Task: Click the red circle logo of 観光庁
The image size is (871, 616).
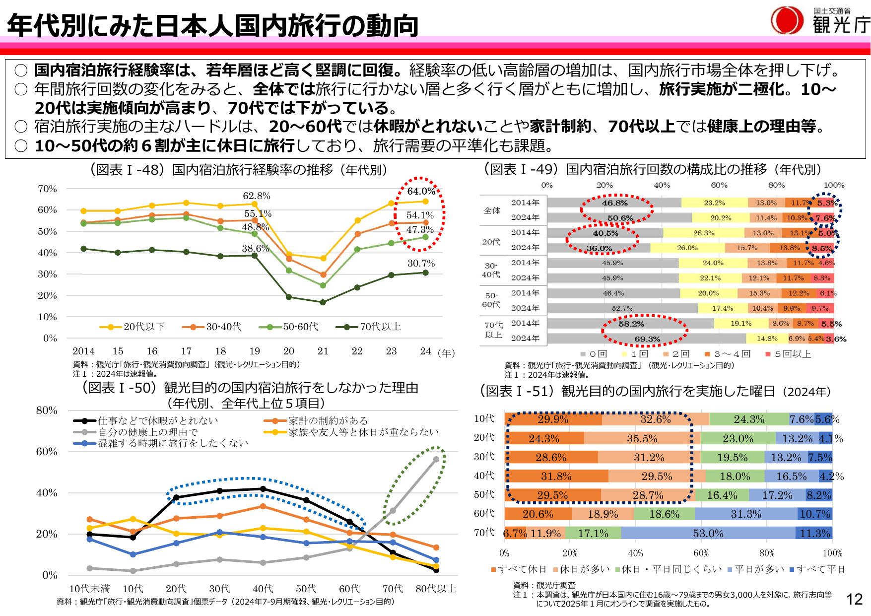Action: [x=787, y=20]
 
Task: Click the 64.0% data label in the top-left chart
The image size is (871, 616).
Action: [x=421, y=191]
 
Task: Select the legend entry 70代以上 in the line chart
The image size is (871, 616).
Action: [x=380, y=327]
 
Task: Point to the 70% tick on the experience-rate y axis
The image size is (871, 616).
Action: [x=48, y=189]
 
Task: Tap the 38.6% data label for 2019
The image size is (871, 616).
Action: [x=255, y=248]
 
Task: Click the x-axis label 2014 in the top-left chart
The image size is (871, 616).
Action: [x=83, y=351]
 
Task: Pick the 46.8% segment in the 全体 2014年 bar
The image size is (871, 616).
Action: [x=614, y=203]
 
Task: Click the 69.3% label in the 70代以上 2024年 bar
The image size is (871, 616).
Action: [x=647, y=339]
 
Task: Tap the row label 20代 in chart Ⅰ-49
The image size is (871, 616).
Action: [x=491, y=242]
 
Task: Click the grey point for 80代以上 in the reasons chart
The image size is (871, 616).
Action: [x=436, y=460]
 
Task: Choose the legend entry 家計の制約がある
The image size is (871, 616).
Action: [x=328, y=420]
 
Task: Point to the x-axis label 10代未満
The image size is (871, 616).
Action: [x=89, y=589]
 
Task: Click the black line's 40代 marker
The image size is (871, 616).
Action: [x=263, y=489]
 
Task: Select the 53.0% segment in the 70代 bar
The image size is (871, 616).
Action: [x=708, y=533]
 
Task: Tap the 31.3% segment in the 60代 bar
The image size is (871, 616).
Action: [x=745, y=514]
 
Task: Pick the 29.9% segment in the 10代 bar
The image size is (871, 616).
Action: [x=553, y=419]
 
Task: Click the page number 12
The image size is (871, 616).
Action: [x=854, y=599]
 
